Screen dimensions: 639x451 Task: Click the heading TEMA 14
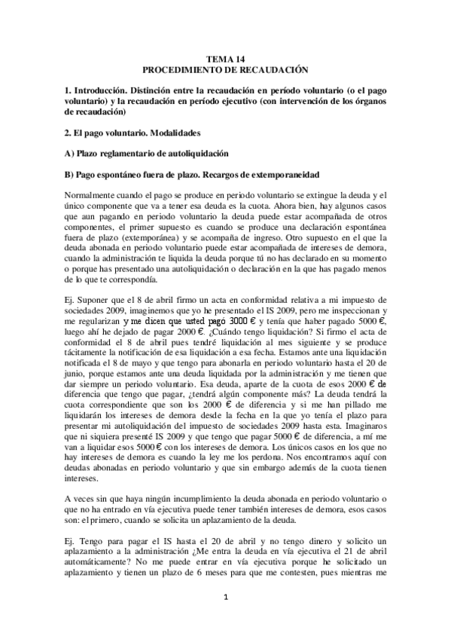[x=225, y=57]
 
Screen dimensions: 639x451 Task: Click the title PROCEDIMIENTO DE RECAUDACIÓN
[x=225, y=69]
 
